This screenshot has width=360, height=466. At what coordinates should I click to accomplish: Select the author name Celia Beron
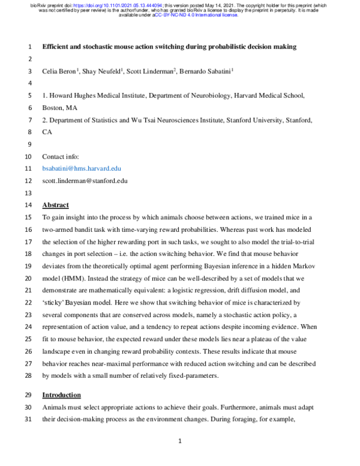tap(62, 71)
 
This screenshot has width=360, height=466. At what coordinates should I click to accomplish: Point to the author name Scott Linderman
tap(151, 71)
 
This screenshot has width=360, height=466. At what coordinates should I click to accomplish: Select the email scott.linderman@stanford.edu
tap(84, 181)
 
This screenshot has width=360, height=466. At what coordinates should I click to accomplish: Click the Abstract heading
tap(56, 205)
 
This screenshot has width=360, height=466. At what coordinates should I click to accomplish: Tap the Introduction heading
tap(61, 395)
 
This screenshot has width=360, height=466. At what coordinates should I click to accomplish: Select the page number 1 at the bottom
tap(180, 442)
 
